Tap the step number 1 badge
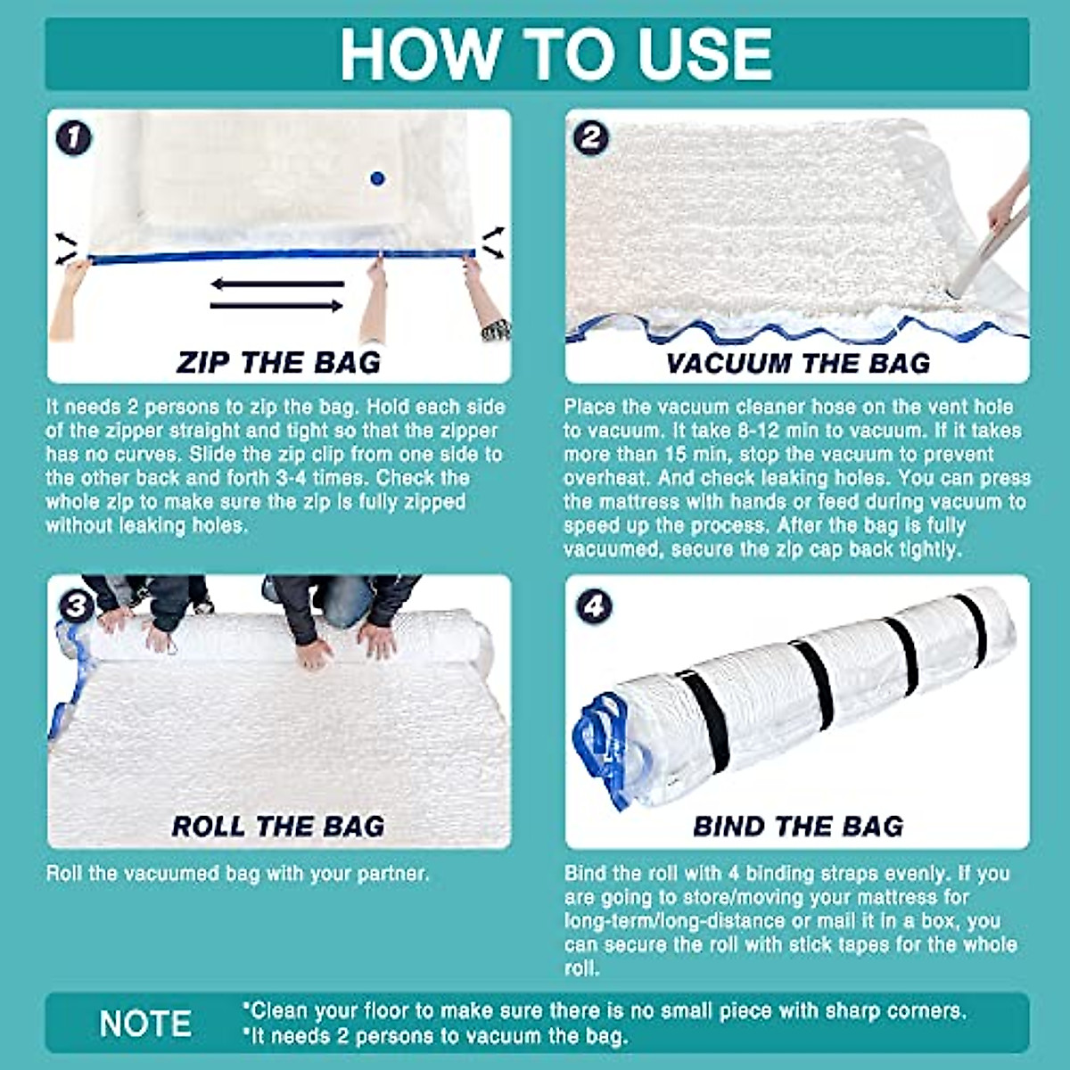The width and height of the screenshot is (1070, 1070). click(x=73, y=138)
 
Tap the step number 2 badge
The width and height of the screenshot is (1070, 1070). click(x=590, y=138)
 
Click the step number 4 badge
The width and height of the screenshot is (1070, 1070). click(x=593, y=606)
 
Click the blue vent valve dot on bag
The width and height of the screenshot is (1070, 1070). click(x=377, y=178)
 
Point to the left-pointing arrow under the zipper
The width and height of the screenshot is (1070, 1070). click(x=276, y=284)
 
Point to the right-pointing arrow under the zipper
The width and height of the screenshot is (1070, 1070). click(x=276, y=306)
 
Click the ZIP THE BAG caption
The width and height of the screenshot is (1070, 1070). click(x=278, y=362)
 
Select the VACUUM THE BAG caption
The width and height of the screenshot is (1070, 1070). click(x=798, y=363)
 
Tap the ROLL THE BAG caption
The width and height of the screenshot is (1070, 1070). click(x=278, y=827)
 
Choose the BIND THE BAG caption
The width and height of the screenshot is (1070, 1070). click(x=798, y=827)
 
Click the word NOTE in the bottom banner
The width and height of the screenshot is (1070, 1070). click(x=145, y=1024)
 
